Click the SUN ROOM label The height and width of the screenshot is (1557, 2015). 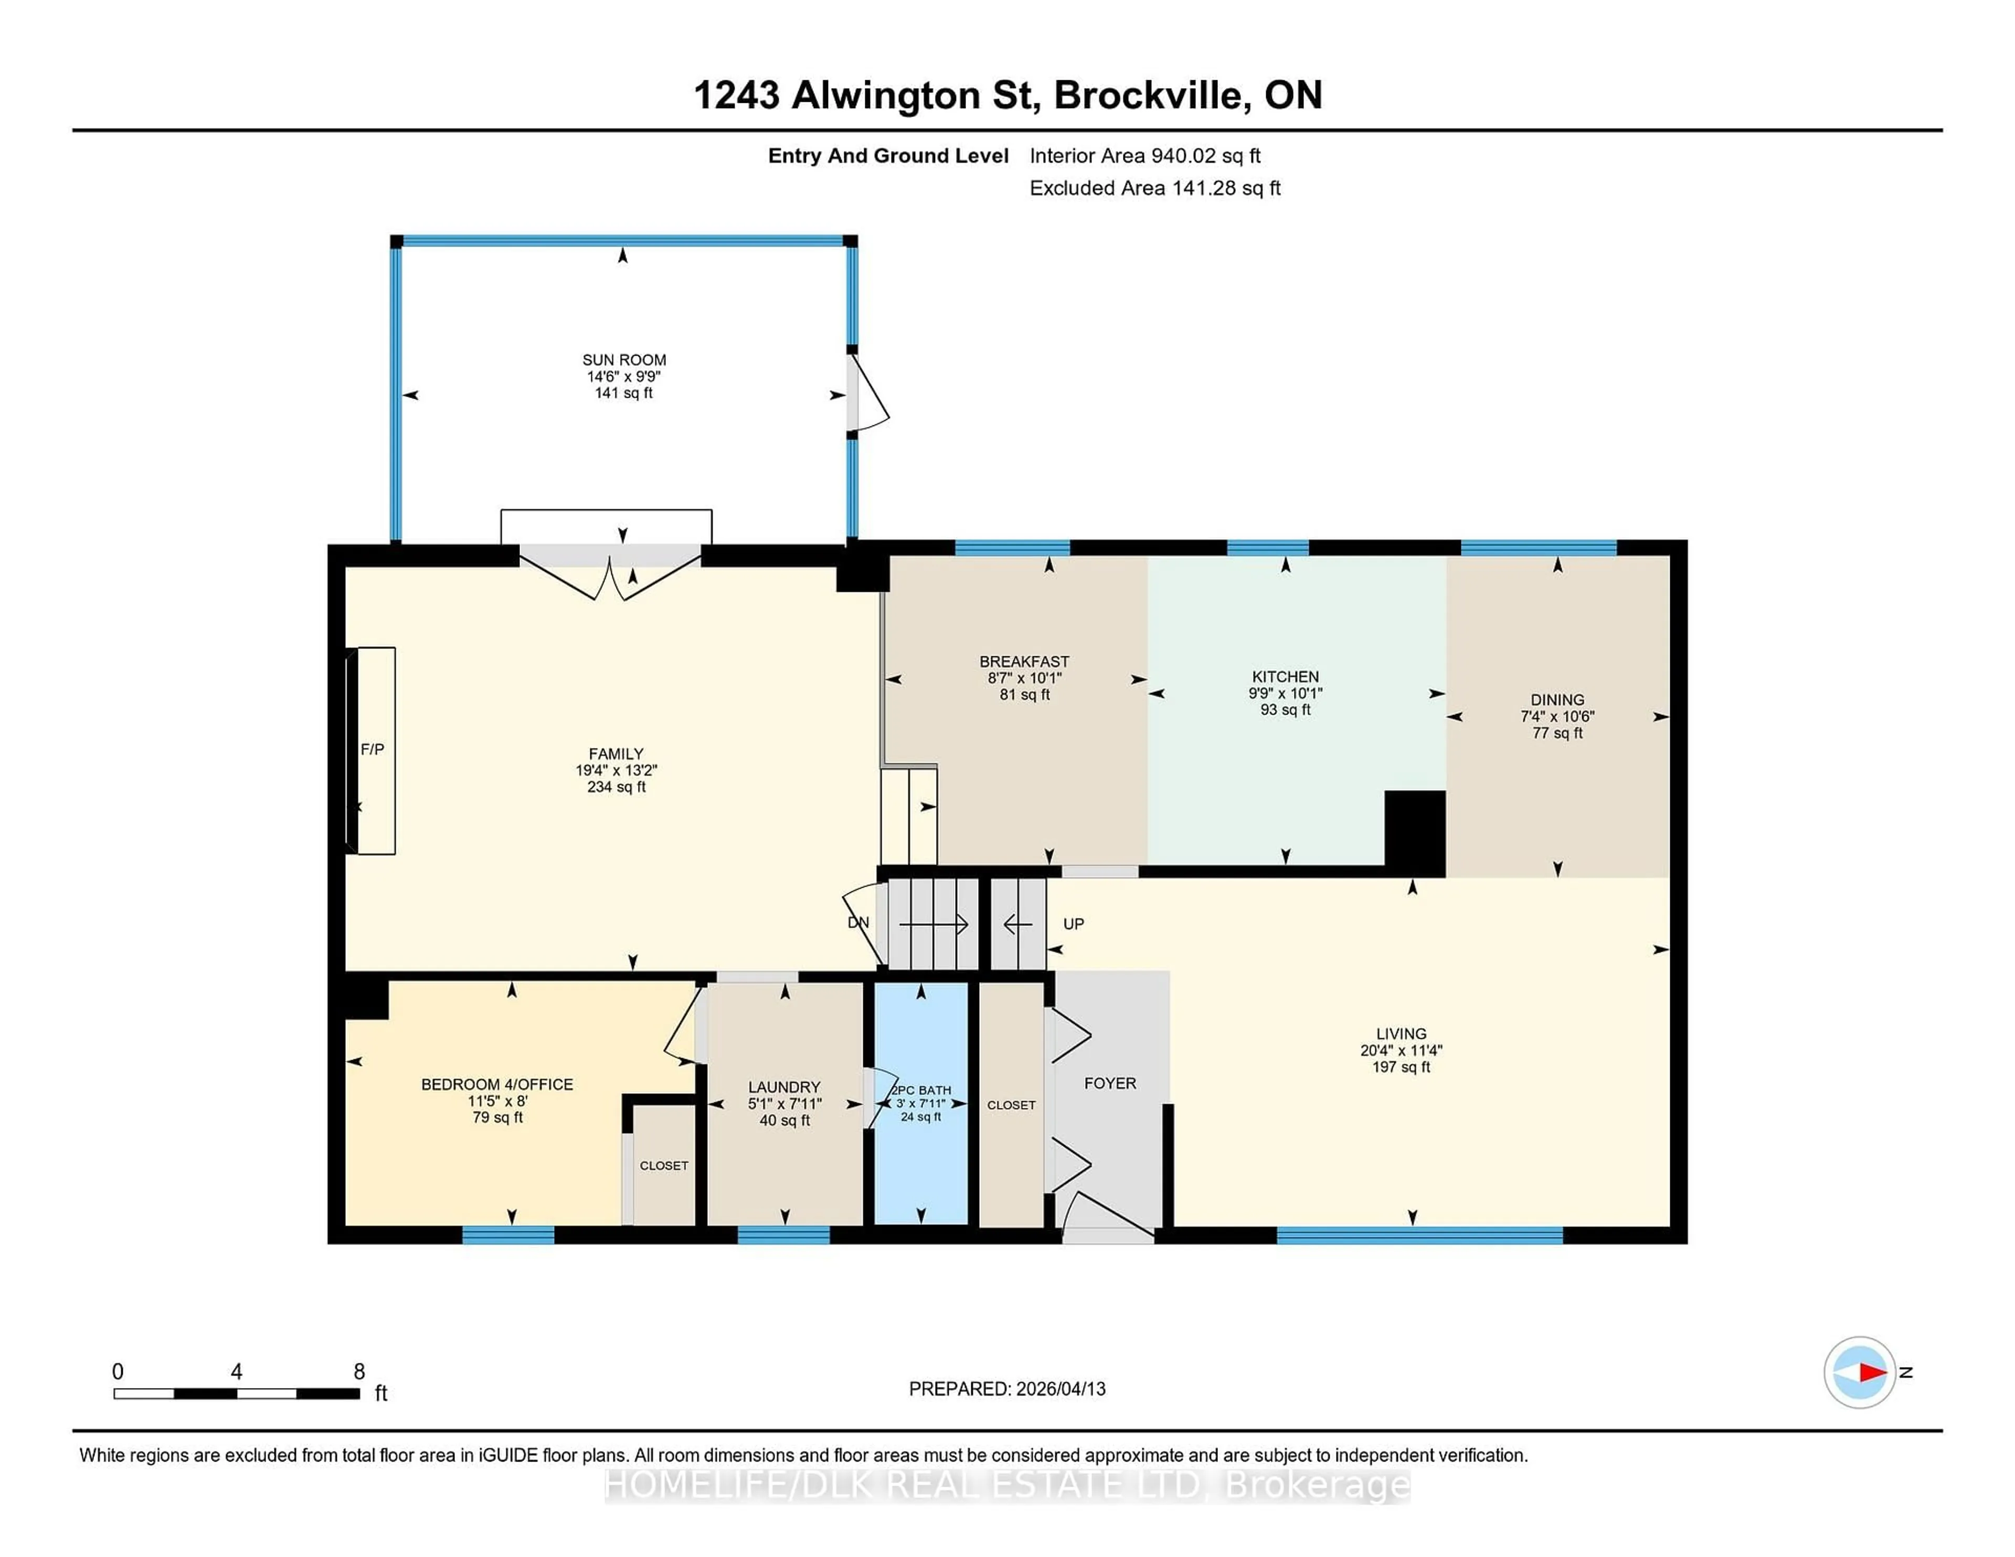point(624,360)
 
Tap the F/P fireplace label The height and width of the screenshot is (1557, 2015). point(372,749)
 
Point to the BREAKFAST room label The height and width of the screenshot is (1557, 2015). point(1024,662)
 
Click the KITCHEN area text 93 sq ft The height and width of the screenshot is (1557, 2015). point(1285,709)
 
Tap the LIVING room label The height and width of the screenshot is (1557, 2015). point(1401,1034)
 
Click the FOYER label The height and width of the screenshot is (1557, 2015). point(1110,1083)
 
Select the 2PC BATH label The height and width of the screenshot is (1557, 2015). point(921,1090)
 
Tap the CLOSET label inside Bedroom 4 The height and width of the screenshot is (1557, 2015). point(663,1165)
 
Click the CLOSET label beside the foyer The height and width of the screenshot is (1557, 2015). point(1011,1104)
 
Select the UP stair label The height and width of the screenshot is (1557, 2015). point(1073,923)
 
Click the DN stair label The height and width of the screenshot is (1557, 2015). point(858,922)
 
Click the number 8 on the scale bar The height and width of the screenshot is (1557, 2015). point(359,1372)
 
